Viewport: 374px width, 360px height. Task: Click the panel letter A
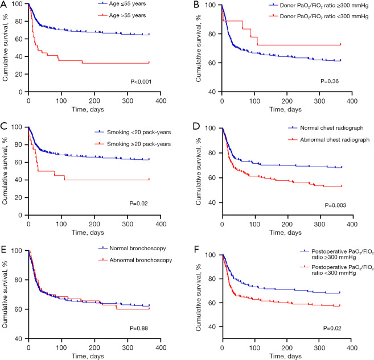point(3,5)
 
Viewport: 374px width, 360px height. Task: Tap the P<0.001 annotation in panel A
point(141,82)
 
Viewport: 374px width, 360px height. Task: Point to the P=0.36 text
point(330,81)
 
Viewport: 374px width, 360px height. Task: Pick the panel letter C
point(3,126)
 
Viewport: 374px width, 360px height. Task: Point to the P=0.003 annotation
point(335,205)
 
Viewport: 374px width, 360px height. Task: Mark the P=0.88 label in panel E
point(139,328)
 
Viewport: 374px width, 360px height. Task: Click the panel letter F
point(196,250)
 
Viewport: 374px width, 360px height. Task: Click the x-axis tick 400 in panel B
point(352,101)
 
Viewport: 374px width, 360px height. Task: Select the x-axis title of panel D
point(285,233)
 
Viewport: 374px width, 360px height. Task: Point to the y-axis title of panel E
point(5,294)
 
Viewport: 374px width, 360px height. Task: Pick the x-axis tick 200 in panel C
point(94,224)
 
